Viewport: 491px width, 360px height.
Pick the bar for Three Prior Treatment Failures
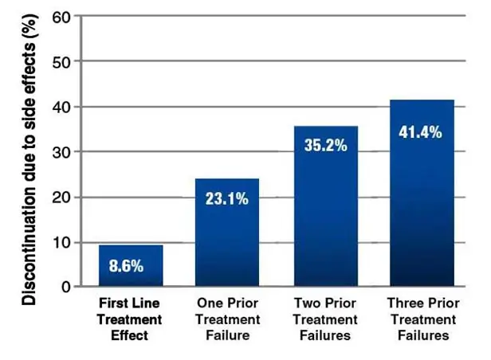click(x=421, y=199)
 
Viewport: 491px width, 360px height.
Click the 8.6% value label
click(x=127, y=266)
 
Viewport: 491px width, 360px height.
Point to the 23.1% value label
click(x=227, y=198)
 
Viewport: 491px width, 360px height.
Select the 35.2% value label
click(x=324, y=146)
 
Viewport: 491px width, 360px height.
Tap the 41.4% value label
click(x=421, y=132)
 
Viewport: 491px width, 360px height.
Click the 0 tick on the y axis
click(x=66, y=287)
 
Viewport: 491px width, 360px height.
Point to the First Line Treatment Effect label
click(x=130, y=319)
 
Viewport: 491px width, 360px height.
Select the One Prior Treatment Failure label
click(x=227, y=319)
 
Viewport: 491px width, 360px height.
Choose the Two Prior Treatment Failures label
click(x=324, y=319)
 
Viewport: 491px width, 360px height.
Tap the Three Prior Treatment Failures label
click(x=421, y=319)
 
